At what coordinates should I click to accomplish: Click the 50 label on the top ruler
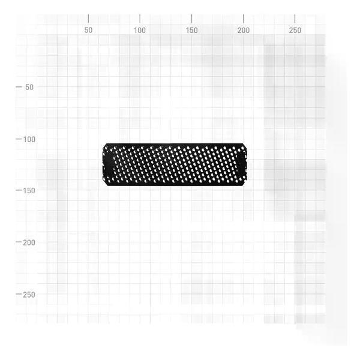(88, 30)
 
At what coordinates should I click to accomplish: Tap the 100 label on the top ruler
(140, 30)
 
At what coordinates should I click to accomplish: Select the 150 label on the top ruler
(192, 30)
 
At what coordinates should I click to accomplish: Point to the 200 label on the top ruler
(244, 30)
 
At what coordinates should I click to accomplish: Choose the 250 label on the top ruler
(295, 30)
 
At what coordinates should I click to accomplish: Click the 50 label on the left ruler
(29, 87)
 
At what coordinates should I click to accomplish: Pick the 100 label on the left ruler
(29, 139)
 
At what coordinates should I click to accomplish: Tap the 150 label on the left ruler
(29, 191)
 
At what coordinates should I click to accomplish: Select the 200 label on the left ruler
(29, 242)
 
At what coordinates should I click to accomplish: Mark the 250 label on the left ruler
(29, 295)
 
